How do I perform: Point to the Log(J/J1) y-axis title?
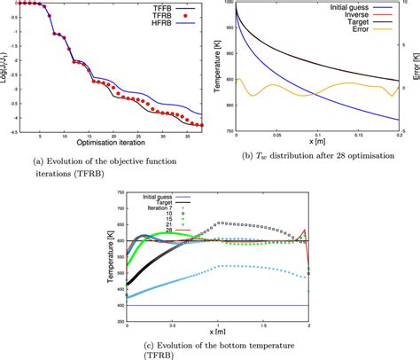6,69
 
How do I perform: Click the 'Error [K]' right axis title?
415,69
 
